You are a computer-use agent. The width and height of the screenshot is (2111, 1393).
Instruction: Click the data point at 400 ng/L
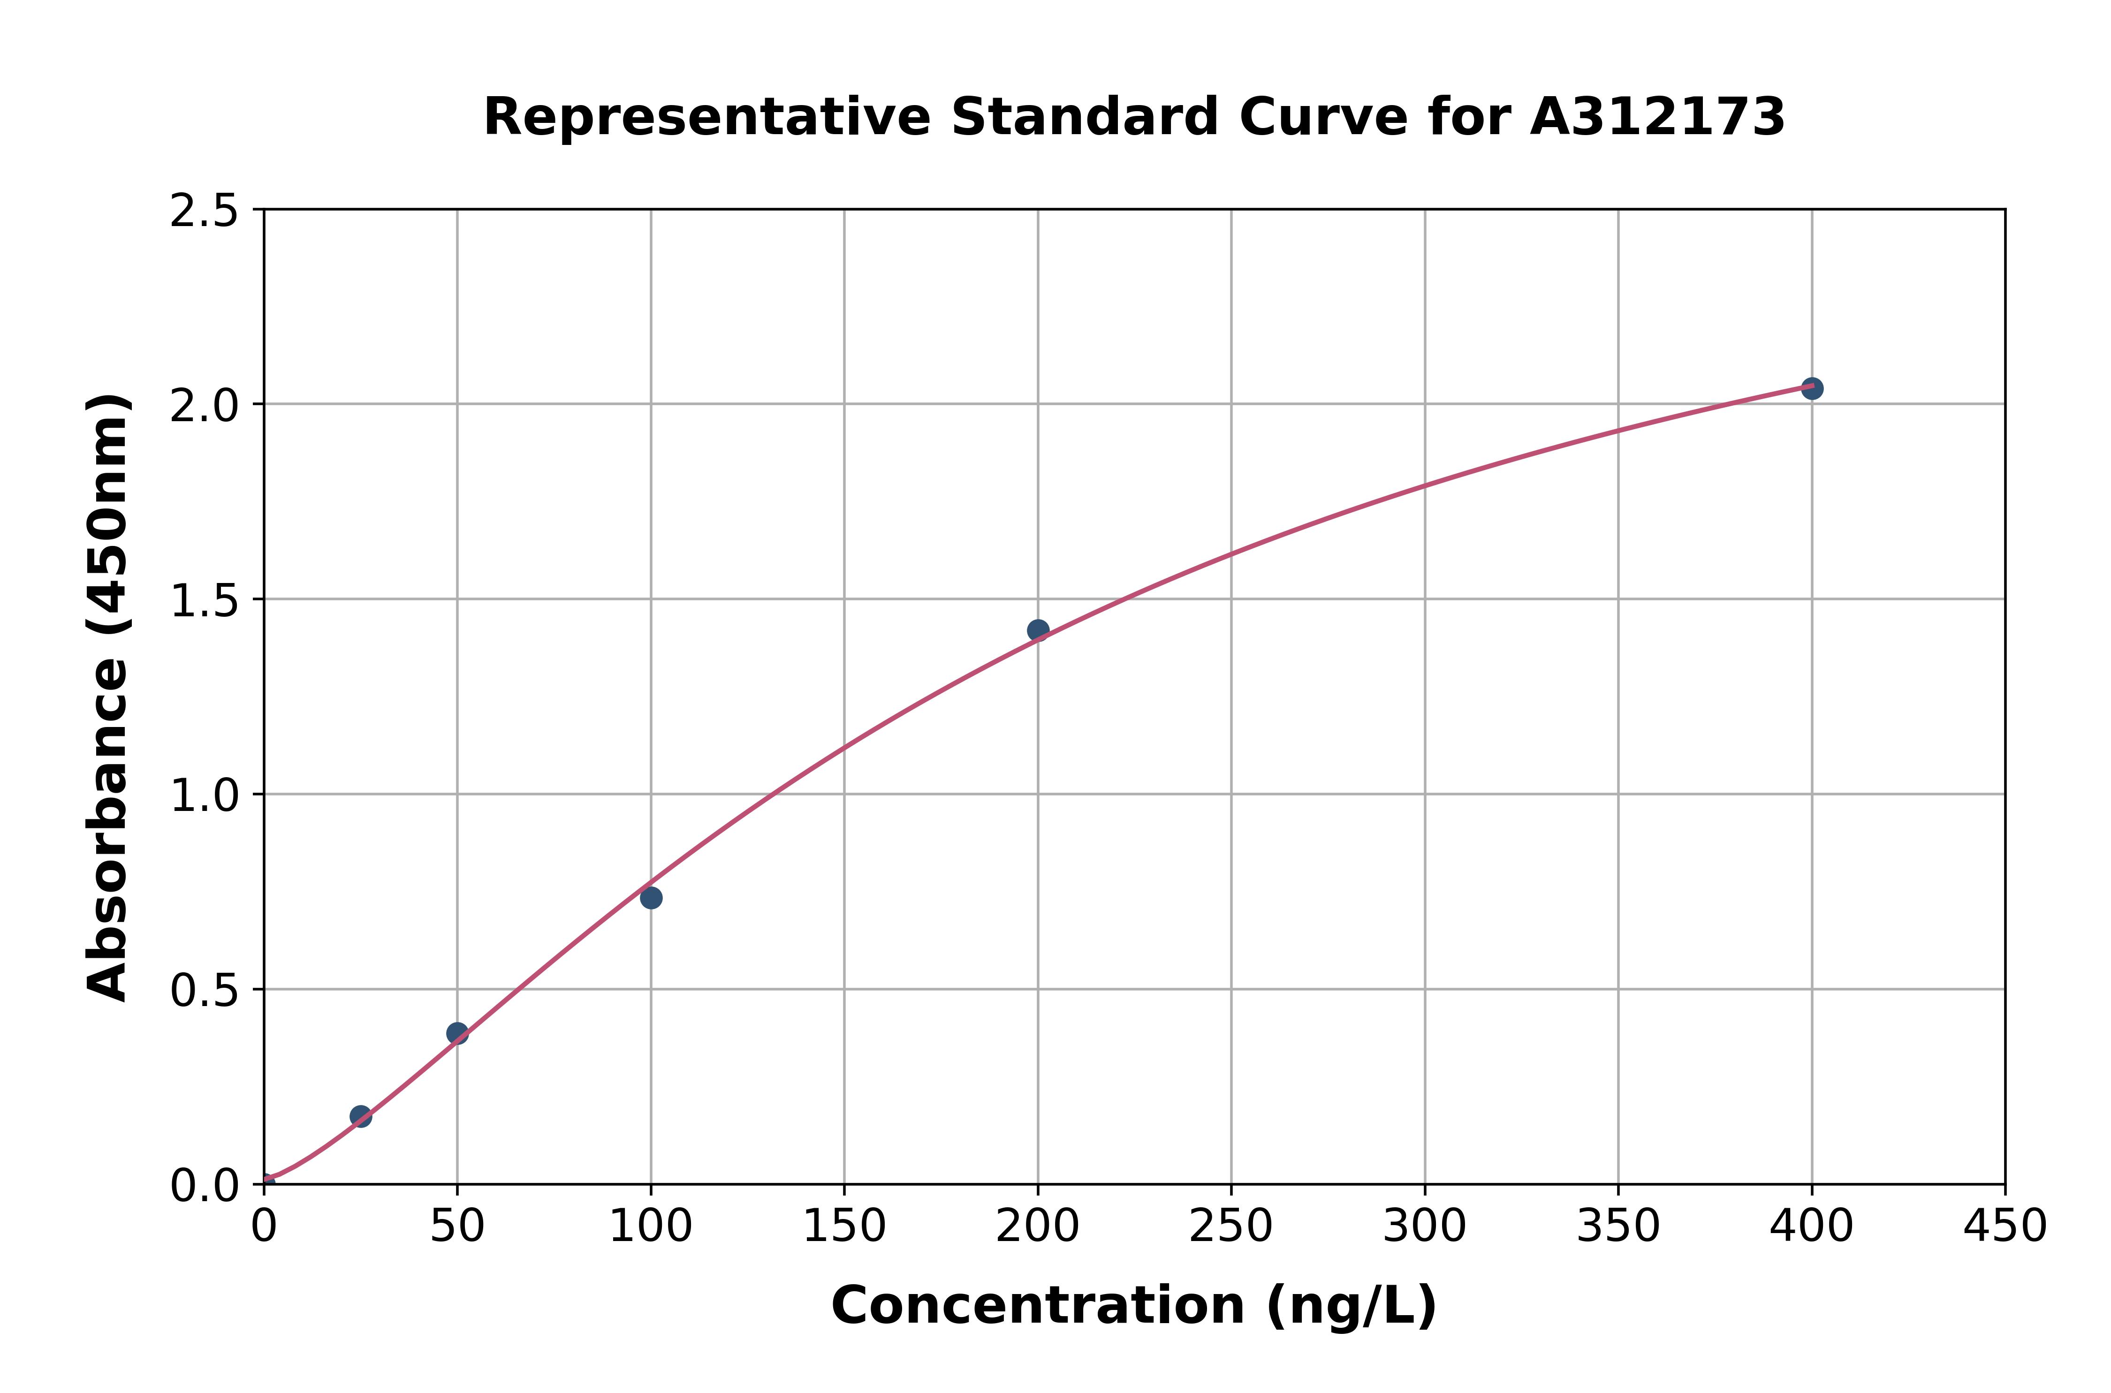tap(1812, 388)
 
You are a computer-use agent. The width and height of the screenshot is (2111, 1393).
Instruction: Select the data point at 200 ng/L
tap(1038, 630)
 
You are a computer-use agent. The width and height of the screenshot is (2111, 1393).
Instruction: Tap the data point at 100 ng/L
tap(651, 898)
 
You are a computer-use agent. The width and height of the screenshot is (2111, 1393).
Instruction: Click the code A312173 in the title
tap(1657, 117)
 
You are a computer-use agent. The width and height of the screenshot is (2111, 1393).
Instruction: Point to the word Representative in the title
tap(706, 117)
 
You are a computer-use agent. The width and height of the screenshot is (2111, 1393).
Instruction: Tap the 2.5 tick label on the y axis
tap(205, 212)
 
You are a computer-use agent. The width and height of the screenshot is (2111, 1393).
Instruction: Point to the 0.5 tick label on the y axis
tap(205, 991)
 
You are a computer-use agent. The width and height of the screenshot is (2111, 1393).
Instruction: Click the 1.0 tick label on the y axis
tap(205, 796)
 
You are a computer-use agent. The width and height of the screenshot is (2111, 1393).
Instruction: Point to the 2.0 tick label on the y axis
tap(205, 406)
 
